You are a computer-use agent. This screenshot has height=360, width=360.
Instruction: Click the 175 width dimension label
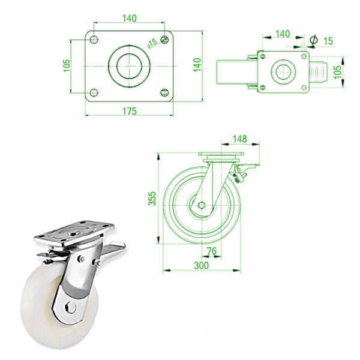pyautogui.click(x=130, y=111)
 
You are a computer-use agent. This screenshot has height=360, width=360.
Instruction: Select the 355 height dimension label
pyautogui.click(x=152, y=198)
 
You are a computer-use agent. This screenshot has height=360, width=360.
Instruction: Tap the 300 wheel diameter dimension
pyautogui.click(x=201, y=265)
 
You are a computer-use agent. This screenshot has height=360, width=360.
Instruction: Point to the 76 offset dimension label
pyautogui.click(x=211, y=251)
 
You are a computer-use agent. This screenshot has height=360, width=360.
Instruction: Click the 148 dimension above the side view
pyautogui.click(x=239, y=139)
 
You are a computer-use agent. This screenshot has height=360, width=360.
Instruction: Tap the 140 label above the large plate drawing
pyautogui.click(x=130, y=19)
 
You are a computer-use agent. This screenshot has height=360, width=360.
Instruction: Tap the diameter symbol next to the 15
pyautogui.click(x=313, y=40)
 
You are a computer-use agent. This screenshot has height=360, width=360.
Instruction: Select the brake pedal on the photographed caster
pyautogui.click(x=115, y=248)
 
